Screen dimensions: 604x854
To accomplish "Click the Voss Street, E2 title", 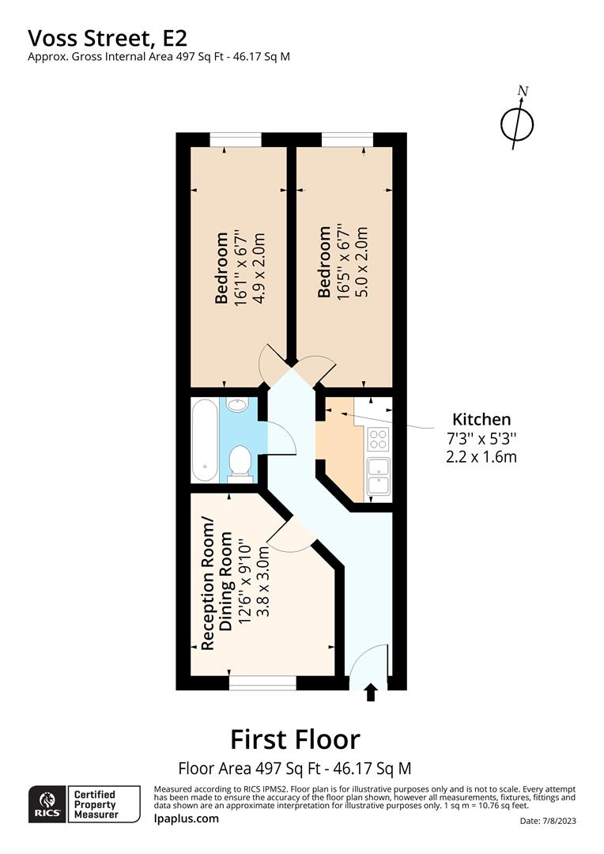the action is [108, 38].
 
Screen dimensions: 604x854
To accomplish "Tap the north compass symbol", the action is [517, 121].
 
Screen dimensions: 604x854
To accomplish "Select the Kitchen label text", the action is [481, 419].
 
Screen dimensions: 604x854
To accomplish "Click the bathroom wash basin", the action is [237, 404].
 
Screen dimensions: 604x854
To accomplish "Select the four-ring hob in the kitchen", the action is [379, 440].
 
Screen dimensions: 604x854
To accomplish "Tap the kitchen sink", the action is [379, 476].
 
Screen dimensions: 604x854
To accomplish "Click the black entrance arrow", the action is [371, 693].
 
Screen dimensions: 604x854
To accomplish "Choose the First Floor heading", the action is [295, 739].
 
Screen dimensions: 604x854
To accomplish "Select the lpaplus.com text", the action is [187, 818].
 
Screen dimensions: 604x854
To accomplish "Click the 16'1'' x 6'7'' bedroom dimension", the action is [240, 268].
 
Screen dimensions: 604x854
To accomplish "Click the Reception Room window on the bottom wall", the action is [262, 683].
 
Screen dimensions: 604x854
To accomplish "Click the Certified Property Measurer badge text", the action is [96, 804].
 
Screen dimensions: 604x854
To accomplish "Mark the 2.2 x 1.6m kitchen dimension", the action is [481, 456].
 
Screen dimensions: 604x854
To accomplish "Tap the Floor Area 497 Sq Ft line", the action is [295, 769].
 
